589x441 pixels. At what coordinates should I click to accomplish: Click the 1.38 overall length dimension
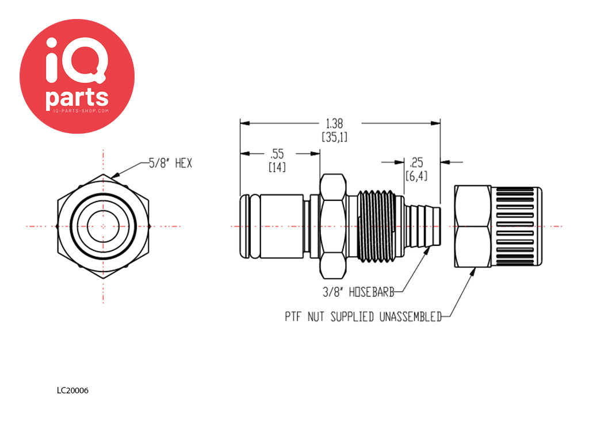(x=334, y=123)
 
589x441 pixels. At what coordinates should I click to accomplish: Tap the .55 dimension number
(x=277, y=154)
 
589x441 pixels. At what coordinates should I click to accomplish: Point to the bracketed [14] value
(x=277, y=167)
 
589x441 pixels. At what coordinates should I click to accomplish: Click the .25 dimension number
(x=416, y=163)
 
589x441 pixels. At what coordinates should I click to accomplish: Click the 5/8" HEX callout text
(x=170, y=163)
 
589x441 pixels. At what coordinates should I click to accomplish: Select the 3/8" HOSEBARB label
(x=358, y=292)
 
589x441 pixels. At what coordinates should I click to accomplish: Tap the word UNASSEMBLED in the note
(x=410, y=317)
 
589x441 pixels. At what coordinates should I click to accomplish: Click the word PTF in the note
(x=293, y=317)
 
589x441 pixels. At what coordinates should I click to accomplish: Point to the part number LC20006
(x=72, y=390)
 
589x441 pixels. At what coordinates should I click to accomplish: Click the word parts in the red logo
(x=77, y=98)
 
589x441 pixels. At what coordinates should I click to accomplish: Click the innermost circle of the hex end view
(x=104, y=226)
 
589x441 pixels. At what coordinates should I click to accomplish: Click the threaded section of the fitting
(x=376, y=226)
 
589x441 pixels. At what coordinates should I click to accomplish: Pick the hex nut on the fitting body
(x=333, y=226)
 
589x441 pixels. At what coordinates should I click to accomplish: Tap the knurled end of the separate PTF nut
(x=517, y=226)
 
